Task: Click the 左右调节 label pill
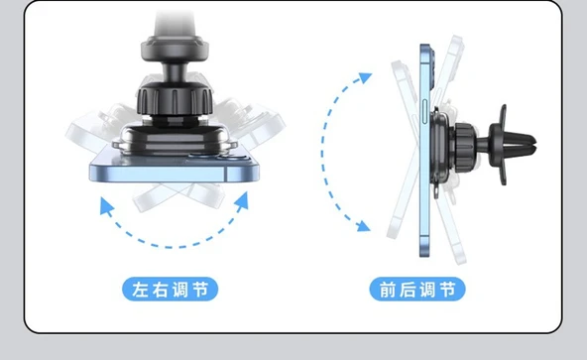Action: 171,290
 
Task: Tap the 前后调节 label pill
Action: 417,290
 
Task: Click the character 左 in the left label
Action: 141,290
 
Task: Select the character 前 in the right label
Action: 388,290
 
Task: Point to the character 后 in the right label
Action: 408,290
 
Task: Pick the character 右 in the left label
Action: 161,290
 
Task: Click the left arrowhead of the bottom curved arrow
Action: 106,205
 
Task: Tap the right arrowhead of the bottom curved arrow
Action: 242,200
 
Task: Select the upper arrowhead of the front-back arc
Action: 363,77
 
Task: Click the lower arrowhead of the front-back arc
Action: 363,226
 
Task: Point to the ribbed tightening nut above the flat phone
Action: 175,100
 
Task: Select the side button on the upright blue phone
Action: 425,111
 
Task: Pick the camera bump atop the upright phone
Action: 432,64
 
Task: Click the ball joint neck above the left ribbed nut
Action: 175,72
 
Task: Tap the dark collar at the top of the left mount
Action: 175,48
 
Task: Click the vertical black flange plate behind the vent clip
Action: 502,145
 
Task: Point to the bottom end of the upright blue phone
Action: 425,255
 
